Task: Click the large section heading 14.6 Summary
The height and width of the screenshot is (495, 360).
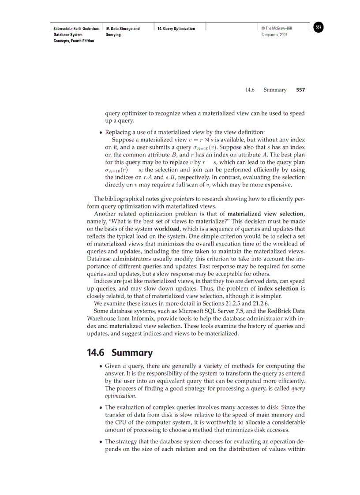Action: (120, 353)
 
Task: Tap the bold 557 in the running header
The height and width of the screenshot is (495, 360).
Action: (300, 90)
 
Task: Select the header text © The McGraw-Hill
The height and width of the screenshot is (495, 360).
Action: (277, 29)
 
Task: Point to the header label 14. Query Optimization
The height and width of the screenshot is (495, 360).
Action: (176, 29)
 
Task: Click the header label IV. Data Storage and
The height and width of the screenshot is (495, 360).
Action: (123, 29)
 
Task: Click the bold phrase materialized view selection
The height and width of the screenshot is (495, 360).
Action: (266, 214)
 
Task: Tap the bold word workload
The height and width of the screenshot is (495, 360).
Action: (166, 229)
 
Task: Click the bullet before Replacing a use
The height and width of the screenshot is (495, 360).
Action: (101, 132)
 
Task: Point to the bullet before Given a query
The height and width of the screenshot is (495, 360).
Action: (101, 366)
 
